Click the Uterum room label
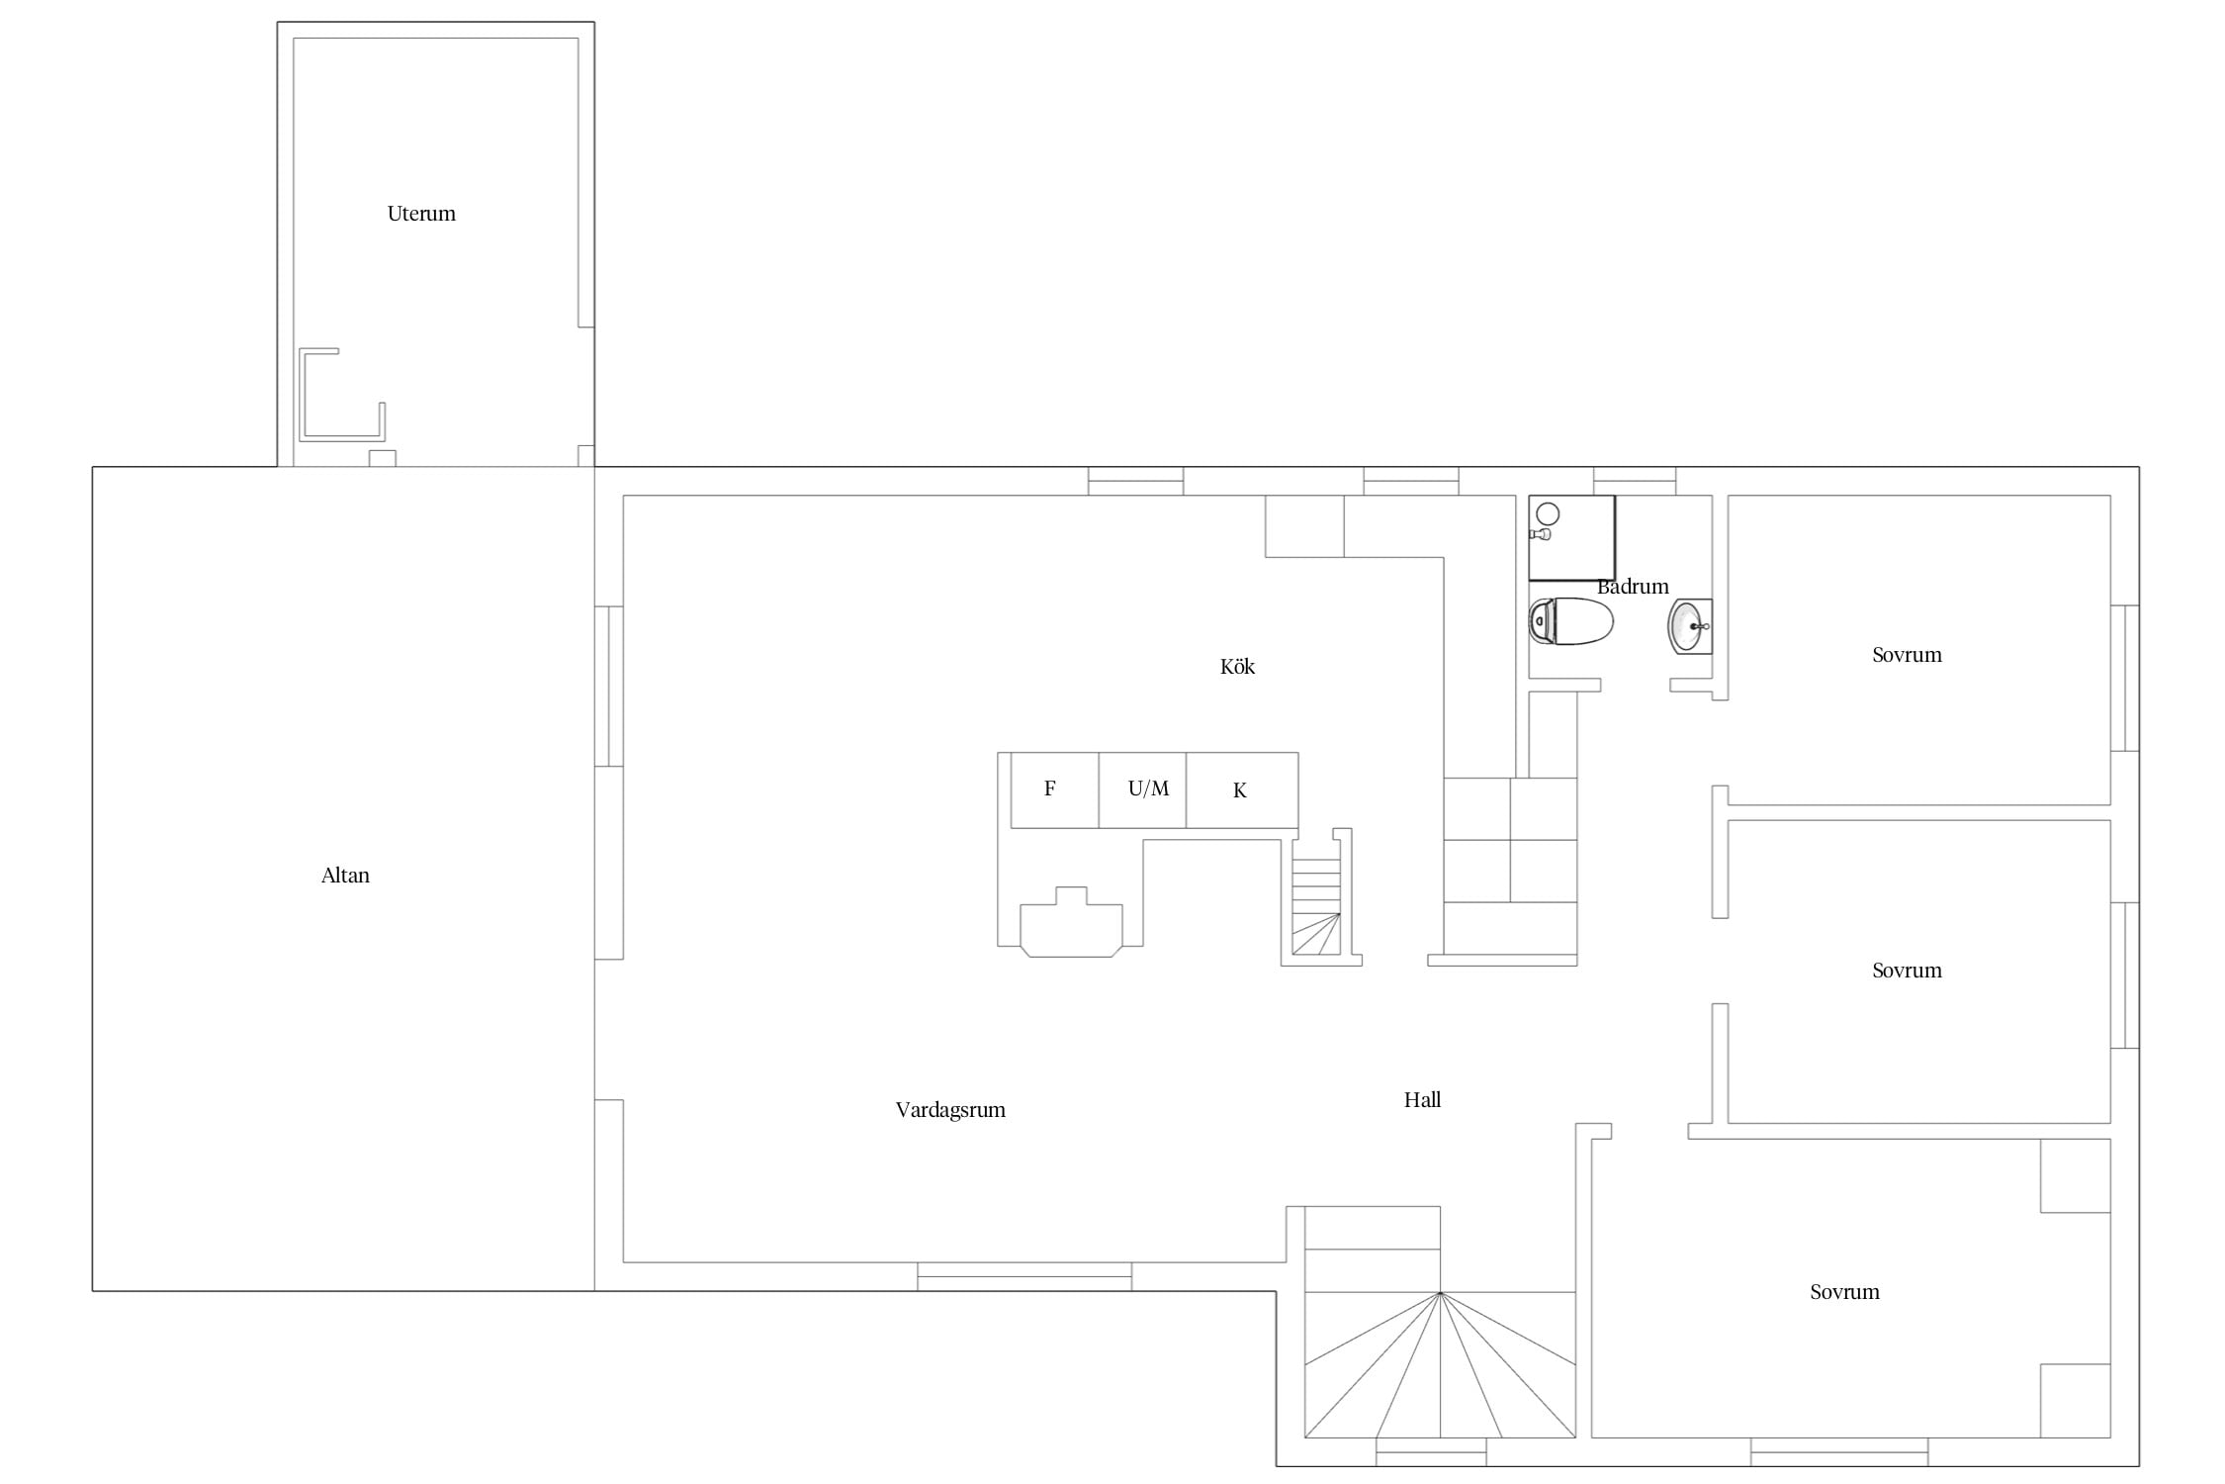421,214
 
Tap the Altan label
345,876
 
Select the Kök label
1237,667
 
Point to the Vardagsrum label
950,1110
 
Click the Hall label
1422,1099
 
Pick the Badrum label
1633,587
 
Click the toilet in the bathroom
1571,621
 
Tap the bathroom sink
1690,626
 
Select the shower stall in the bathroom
1571,537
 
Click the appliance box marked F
1054,790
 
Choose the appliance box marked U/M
1142,790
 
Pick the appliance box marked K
1242,790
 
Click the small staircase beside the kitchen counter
1316,906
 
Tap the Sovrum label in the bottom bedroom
1844,1292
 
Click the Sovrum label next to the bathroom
1907,655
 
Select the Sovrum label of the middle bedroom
1907,971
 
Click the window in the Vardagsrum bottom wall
1024,1276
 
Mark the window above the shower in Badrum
1635,481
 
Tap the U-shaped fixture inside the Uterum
341,394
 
